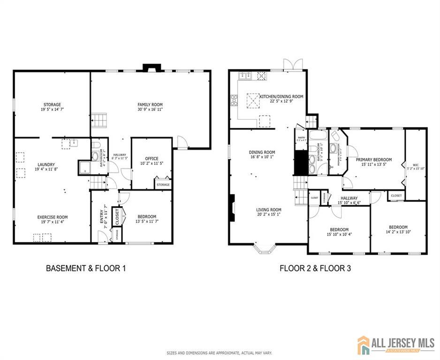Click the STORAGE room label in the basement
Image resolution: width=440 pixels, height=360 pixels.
[52, 105]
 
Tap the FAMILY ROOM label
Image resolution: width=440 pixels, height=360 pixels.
[150, 105]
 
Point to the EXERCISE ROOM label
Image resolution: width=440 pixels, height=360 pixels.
[53, 217]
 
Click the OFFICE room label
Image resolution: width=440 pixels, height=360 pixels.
[152, 158]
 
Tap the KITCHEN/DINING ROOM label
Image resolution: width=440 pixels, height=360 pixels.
[281, 97]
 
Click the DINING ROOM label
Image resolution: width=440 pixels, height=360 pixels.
[262, 152]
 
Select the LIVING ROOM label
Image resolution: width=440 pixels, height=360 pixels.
[268, 210]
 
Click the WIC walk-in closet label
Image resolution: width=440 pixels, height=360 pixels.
[416, 165]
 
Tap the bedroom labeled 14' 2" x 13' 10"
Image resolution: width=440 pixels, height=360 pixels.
[398, 227]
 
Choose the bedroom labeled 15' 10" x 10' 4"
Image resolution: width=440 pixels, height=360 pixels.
[338, 229]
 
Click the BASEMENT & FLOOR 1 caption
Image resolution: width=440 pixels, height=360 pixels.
[86, 269]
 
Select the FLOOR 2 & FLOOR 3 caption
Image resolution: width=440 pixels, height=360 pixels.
[315, 269]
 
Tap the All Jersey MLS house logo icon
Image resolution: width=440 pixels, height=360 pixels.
[364, 345]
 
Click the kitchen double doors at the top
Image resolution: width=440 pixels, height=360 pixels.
[290, 65]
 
